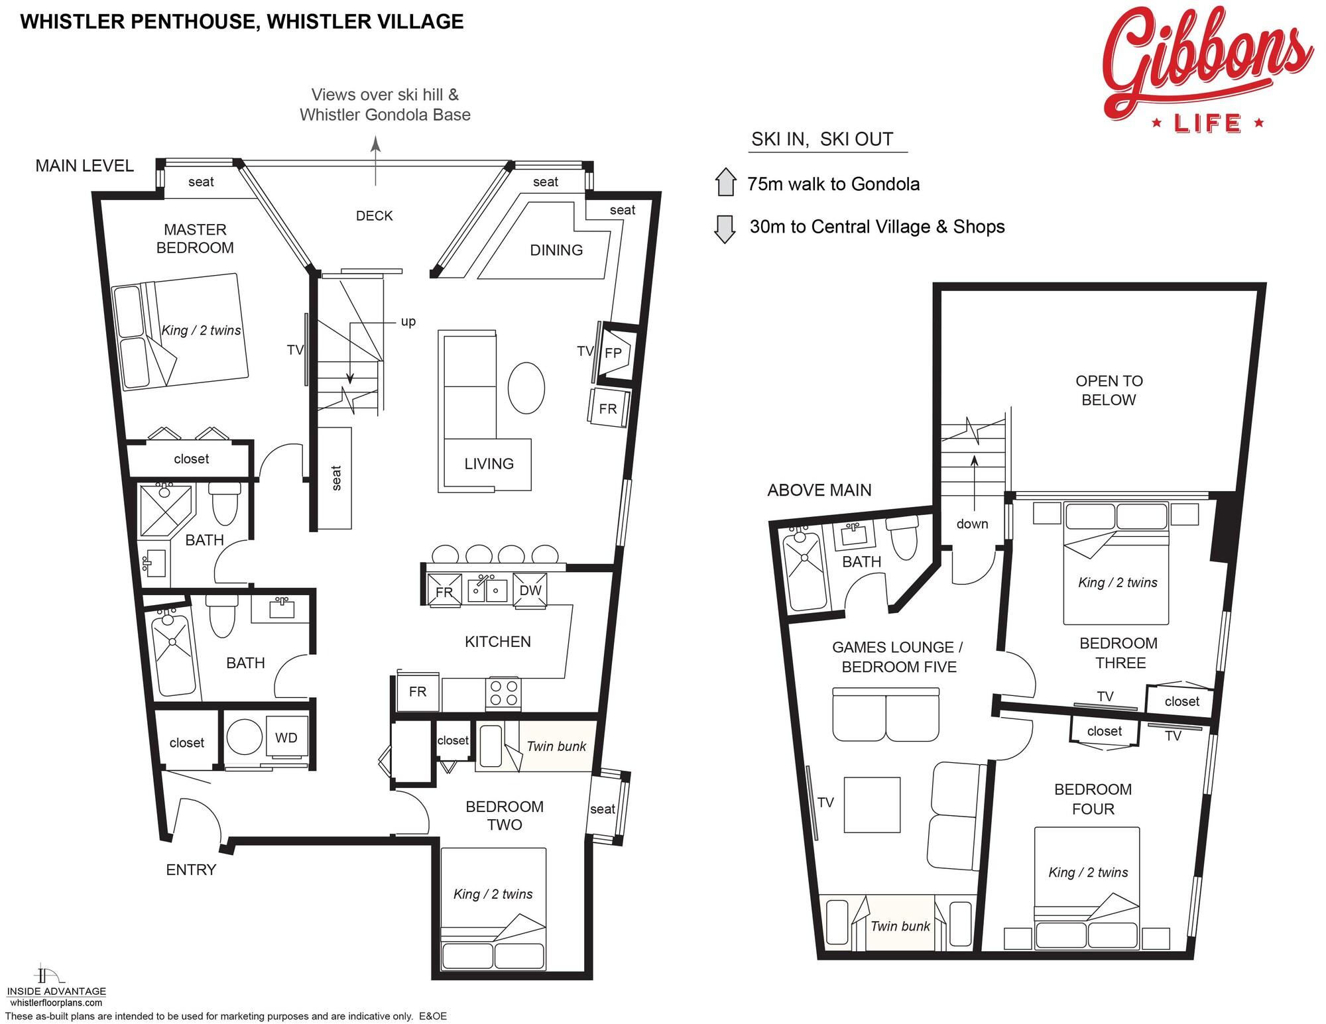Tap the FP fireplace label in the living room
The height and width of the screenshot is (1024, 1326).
pyautogui.click(x=613, y=353)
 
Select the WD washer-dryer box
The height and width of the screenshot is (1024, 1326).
pyautogui.click(x=286, y=736)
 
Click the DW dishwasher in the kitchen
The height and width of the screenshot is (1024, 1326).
pyautogui.click(x=530, y=590)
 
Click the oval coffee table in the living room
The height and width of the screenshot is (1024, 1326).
pyautogui.click(x=526, y=388)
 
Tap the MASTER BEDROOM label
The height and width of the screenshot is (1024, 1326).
pyautogui.click(x=195, y=239)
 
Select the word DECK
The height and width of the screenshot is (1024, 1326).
pyautogui.click(x=375, y=216)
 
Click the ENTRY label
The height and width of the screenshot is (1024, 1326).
pyautogui.click(x=191, y=870)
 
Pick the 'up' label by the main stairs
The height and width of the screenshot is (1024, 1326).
pyautogui.click(x=408, y=321)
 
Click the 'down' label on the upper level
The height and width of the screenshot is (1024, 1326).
pyautogui.click(x=972, y=524)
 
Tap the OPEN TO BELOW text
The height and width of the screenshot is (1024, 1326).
pyautogui.click(x=1109, y=390)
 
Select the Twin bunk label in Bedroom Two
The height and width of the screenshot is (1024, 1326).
pyautogui.click(x=556, y=746)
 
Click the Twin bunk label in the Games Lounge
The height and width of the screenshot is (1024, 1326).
pyautogui.click(x=900, y=927)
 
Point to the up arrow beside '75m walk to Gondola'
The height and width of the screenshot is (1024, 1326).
pyautogui.click(x=726, y=182)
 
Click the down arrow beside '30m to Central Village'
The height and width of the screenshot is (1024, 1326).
pyautogui.click(x=725, y=229)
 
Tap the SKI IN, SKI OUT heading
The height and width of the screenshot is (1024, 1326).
pyautogui.click(x=822, y=139)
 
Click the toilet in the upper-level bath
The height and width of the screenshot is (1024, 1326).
pyautogui.click(x=902, y=538)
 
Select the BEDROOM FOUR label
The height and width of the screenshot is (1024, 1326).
pyautogui.click(x=1093, y=799)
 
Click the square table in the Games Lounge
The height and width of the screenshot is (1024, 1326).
pyautogui.click(x=872, y=805)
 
